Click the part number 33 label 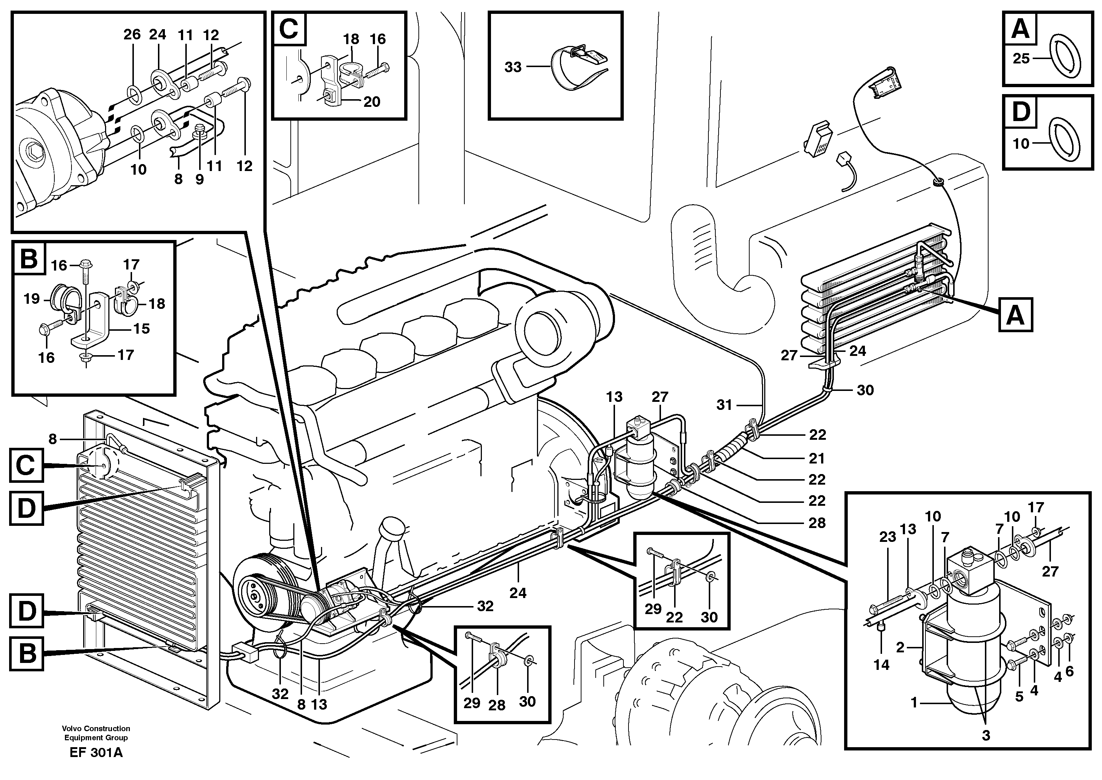point(513,67)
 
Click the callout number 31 point(724,405)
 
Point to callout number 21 point(817,458)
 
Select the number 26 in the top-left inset point(132,34)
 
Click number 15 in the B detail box point(141,329)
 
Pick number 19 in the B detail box point(32,299)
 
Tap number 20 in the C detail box point(371,101)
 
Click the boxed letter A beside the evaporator point(1015,315)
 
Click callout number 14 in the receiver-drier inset point(881,665)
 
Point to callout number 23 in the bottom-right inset point(887,536)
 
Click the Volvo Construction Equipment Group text point(96,733)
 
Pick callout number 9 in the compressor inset point(200,179)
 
